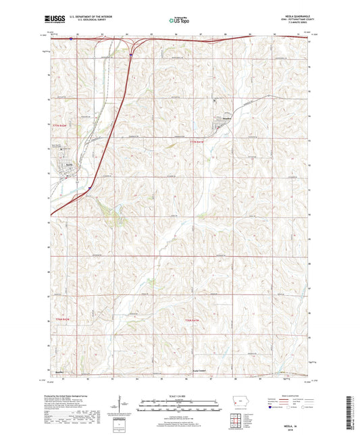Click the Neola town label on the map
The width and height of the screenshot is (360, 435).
(69, 163)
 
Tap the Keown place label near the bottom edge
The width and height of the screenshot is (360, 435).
(59, 372)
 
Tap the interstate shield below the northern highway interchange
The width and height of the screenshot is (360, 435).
(130, 57)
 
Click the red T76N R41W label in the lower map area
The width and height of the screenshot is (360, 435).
(192, 318)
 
